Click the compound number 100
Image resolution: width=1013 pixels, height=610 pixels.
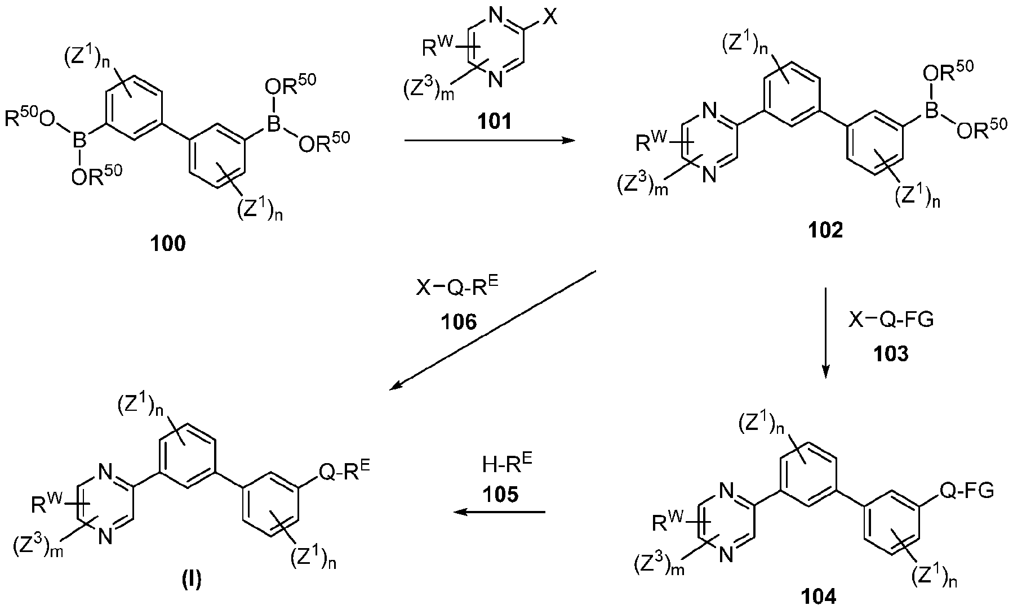pos(168,245)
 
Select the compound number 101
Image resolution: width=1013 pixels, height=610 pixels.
pos(495,121)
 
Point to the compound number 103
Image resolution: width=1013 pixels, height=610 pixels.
pos(891,354)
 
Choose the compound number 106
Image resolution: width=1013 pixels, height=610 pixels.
pos(460,322)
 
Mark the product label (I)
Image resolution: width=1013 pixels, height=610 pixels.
pos(192,580)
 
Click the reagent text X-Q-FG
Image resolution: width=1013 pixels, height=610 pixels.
pos(891,320)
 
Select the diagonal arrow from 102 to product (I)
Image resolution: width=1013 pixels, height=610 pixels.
pos(494,329)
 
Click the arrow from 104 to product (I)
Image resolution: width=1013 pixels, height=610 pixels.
pos(500,512)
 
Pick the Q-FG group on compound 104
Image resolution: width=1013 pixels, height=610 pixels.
pos(966,490)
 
